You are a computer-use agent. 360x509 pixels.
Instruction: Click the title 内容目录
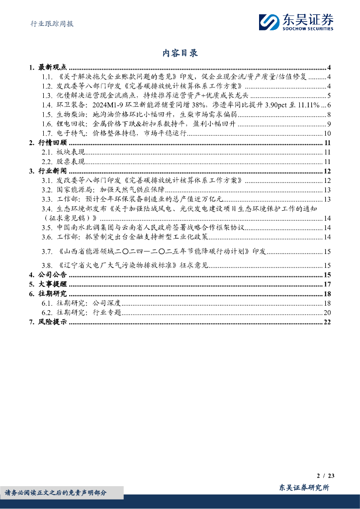point(180,53)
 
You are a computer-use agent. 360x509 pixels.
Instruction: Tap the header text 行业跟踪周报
point(49,23)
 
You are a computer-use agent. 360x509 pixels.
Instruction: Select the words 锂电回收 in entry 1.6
point(72,124)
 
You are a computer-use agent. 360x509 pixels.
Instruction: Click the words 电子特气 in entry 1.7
point(72,133)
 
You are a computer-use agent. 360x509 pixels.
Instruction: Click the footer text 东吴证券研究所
point(304,488)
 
